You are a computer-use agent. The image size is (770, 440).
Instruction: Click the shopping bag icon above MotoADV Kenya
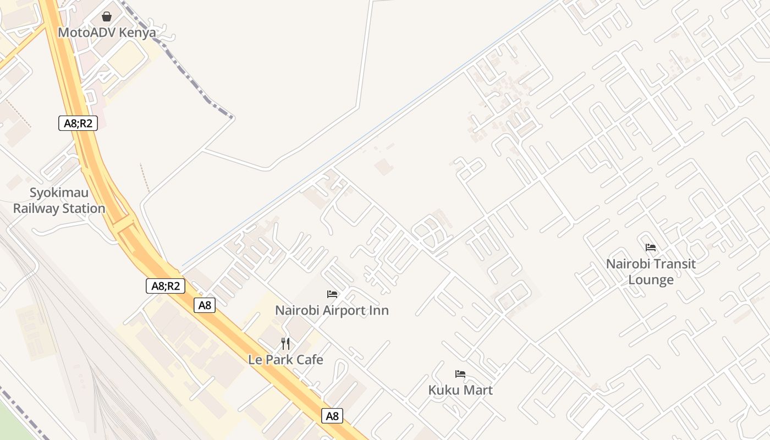point(107,16)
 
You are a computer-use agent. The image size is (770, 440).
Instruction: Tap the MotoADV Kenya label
point(107,32)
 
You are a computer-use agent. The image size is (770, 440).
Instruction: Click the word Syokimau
point(59,193)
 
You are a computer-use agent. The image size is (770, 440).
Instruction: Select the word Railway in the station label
point(36,208)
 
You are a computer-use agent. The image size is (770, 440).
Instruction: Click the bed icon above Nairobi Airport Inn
point(332,294)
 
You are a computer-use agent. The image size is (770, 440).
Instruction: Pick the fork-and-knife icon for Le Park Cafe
point(285,344)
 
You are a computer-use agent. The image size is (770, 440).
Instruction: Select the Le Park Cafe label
point(285,360)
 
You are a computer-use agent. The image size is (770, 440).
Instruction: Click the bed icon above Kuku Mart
point(460,374)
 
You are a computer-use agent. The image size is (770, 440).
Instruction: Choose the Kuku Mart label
point(460,390)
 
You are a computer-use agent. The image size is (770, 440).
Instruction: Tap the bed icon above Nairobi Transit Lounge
point(651,248)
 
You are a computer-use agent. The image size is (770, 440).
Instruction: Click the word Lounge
point(651,280)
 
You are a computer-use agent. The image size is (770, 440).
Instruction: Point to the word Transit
point(675,264)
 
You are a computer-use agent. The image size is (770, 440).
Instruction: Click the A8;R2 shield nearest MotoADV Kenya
point(78,123)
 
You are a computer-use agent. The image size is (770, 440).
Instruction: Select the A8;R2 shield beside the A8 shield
point(166,286)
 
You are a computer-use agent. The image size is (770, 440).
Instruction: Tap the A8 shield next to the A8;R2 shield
point(205,305)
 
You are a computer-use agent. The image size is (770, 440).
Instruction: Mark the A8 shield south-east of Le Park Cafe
point(332,416)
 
